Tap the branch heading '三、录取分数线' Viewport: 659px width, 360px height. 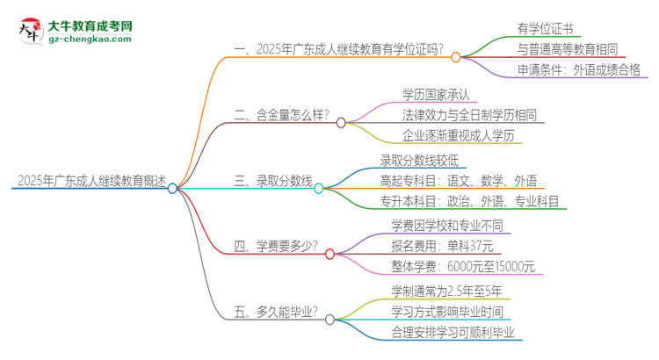tap(272, 182)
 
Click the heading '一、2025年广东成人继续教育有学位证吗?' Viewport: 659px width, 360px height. tap(338, 50)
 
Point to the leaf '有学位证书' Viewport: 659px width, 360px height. tap(547, 29)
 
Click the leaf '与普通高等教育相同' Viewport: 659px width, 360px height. tap(575, 50)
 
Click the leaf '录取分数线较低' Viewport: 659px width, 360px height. tap(418, 161)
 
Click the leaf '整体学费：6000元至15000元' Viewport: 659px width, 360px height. tap(463, 268)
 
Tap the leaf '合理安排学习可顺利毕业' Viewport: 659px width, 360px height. tap(453, 332)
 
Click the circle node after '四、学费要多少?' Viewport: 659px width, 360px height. tap(329, 254)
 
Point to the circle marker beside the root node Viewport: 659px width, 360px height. tap(173, 187)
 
